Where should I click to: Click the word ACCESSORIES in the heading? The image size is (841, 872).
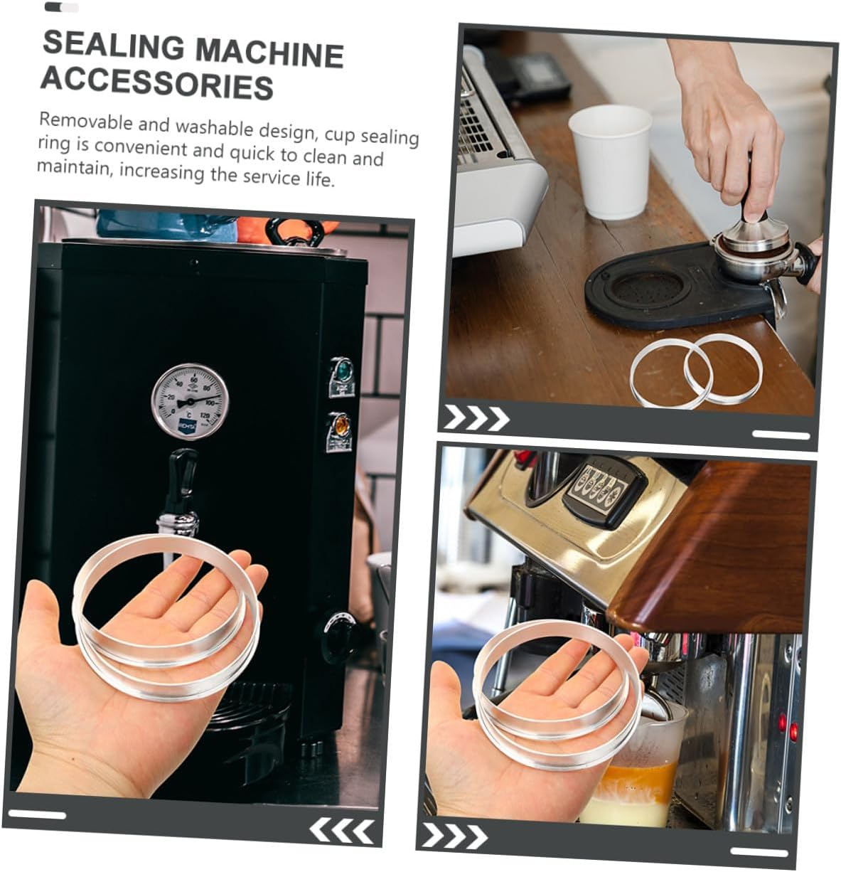tap(156, 83)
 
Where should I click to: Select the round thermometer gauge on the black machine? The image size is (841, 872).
tap(189, 400)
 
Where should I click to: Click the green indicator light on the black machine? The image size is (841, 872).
tap(343, 370)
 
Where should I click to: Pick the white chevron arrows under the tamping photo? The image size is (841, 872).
tap(476, 419)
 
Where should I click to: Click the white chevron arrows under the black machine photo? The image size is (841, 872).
tap(343, 829)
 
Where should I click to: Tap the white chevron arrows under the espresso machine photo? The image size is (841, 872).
tap(454, 836)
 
